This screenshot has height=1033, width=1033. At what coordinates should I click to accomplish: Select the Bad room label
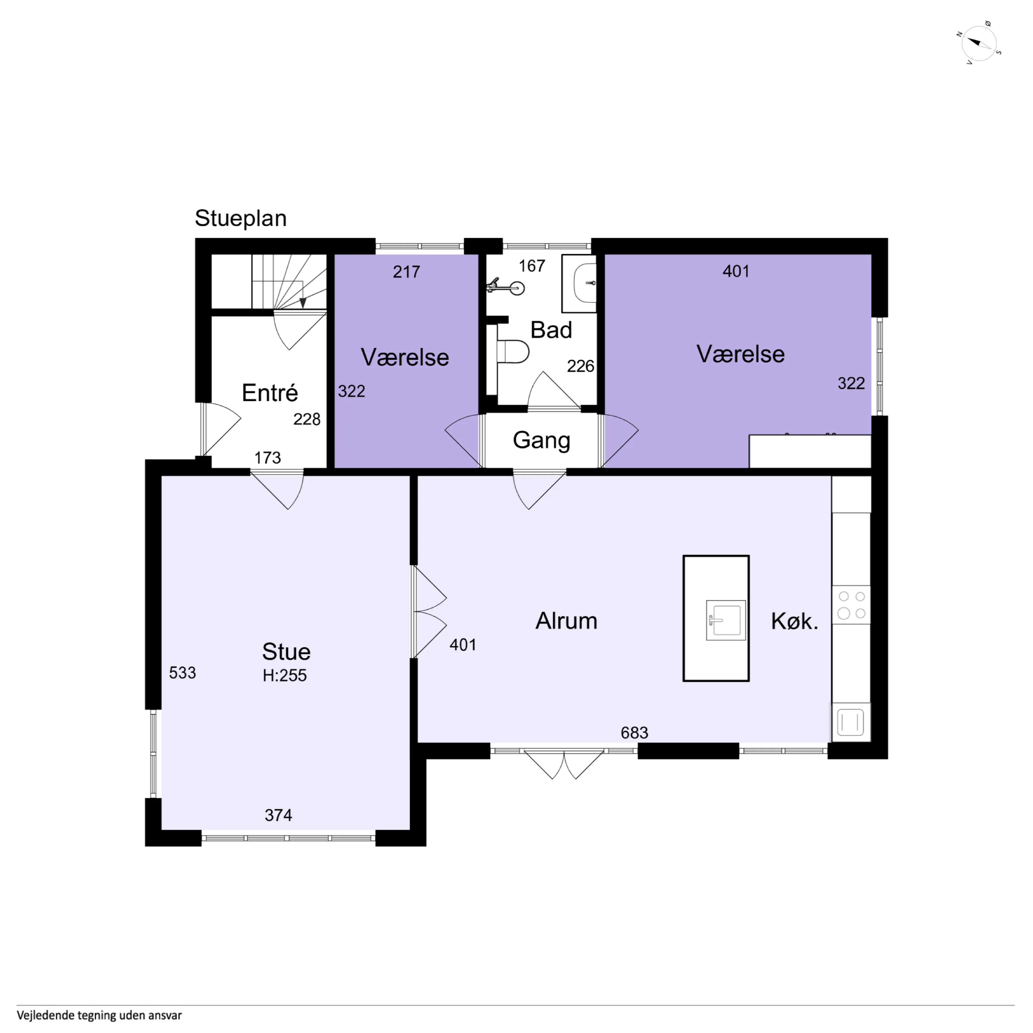point(551,330)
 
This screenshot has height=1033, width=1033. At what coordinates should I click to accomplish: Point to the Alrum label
point(566,621)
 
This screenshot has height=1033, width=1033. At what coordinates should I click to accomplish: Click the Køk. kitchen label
point(795,621)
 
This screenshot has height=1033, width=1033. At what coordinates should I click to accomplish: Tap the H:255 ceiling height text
point(285,675)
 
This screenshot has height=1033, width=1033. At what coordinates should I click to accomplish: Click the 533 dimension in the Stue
point(182,673)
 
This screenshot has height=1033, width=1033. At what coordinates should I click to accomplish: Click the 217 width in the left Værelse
point(406,272)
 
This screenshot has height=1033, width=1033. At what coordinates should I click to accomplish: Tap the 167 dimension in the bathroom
point(532,266)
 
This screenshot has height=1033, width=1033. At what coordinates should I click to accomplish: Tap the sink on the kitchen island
point(726,620)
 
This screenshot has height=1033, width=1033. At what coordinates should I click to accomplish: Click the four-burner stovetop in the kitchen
point(851,605)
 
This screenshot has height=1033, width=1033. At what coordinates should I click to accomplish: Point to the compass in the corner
point(979,43)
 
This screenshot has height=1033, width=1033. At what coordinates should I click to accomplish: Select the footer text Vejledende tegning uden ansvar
point(99,1015)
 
